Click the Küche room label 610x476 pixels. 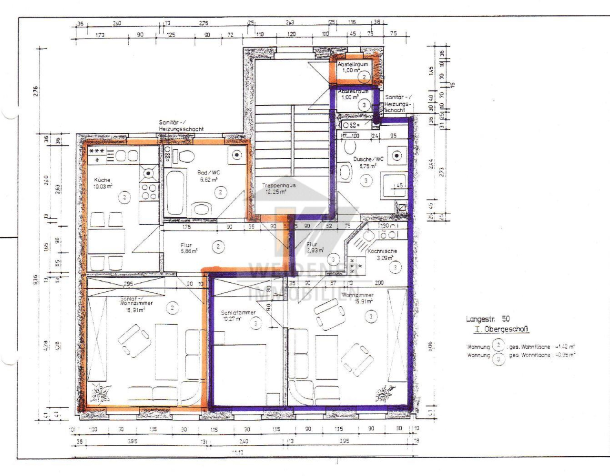102,180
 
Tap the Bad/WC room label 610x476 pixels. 208,173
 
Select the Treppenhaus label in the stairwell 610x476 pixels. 278,186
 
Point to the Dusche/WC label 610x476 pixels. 368,159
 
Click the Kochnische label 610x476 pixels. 382,251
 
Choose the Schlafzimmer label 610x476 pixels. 238,313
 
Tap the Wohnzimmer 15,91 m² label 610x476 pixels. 357,295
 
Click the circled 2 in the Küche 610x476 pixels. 124,197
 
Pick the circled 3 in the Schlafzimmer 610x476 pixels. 256,324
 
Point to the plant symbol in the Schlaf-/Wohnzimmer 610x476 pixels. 102,393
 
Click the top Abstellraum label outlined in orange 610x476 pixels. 353,64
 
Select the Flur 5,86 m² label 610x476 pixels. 188,248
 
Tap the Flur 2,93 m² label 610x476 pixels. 315,247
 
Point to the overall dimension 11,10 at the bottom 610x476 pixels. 237,453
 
